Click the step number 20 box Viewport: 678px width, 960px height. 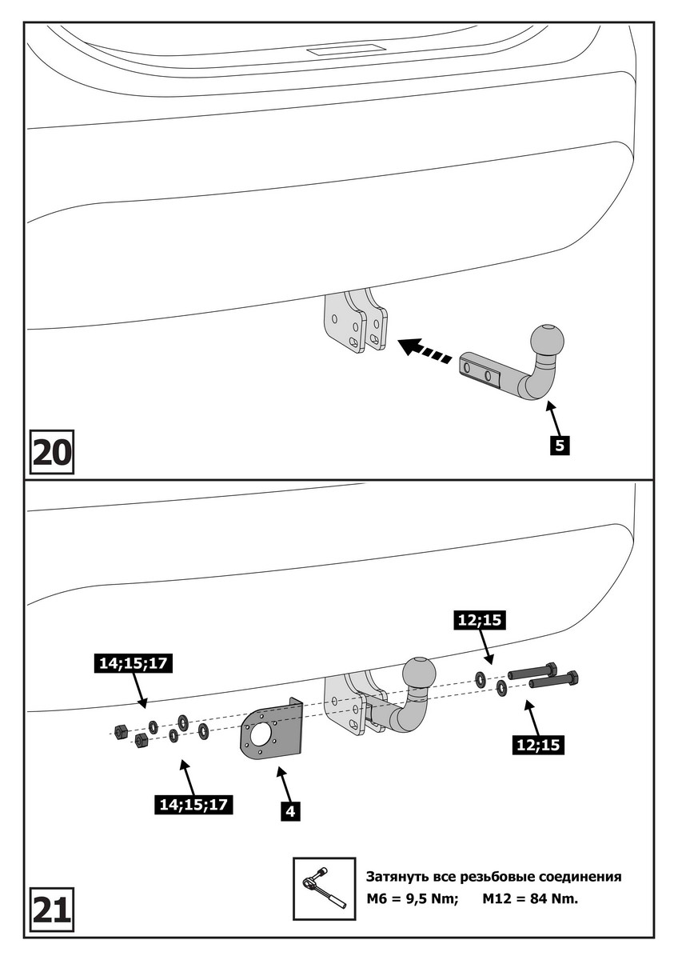click(52, 453)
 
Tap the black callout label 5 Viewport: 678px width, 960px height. click(559, 445)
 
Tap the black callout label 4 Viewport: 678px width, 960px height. click(290, 811)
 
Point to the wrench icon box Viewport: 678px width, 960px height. click(324, 888)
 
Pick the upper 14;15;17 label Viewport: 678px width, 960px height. click(138, 663)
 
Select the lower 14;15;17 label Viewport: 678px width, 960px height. click(193, 805)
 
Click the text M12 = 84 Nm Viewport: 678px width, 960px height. click(529, 898)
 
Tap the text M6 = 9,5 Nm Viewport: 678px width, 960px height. click(412, 898)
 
